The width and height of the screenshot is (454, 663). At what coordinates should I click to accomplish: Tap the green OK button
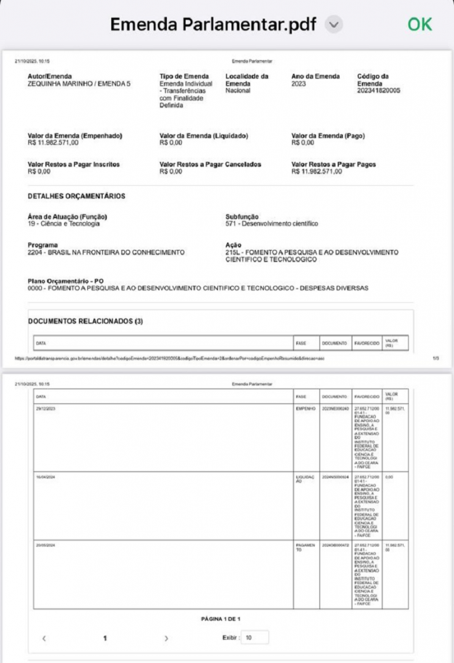419,24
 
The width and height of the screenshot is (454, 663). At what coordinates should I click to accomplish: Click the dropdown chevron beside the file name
334,25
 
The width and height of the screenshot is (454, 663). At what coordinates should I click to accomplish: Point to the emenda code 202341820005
379,91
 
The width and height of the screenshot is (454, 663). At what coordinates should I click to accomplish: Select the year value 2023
299,84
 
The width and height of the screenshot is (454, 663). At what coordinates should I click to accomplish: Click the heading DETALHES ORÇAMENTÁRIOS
76,196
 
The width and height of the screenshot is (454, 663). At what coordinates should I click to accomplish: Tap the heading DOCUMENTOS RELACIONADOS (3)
85,320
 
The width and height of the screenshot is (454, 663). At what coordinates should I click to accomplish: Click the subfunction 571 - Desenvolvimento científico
272,224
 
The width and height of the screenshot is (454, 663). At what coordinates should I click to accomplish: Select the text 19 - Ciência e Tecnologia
63,224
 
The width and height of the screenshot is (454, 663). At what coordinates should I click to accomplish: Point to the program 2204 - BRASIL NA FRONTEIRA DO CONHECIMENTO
106,253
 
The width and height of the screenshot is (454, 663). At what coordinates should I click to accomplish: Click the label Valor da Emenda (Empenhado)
75,136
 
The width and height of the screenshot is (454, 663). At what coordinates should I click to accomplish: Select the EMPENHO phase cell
304,409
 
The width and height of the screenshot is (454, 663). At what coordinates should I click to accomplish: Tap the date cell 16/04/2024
45,477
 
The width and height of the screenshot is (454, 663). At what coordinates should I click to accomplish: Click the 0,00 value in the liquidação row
389,477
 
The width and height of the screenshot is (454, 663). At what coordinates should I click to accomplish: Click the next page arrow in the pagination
166,638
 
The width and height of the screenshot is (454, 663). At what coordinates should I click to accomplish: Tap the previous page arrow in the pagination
44,638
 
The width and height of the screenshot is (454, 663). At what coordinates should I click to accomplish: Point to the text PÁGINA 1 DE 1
221,619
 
